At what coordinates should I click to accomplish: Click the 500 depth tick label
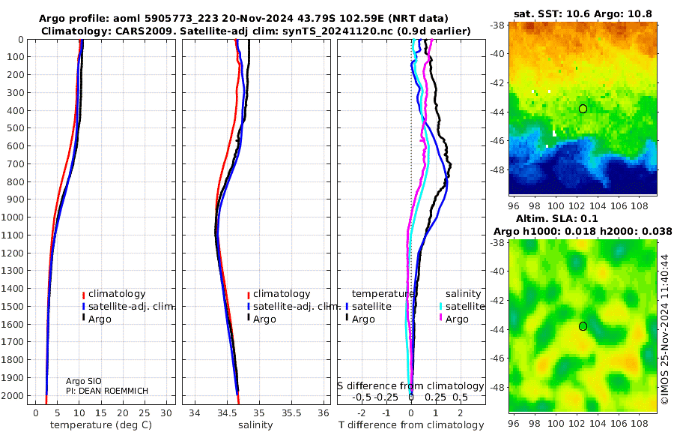click(16, 128)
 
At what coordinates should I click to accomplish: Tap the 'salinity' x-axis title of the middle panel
click(255, 425)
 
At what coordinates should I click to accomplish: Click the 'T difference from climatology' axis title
click(411, 425)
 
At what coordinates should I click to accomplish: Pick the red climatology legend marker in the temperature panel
click(83, 294)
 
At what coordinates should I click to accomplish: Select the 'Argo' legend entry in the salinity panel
click(264, 319)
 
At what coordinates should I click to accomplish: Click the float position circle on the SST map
click(583, 109)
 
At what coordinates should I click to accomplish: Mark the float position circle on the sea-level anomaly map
click(583, 326)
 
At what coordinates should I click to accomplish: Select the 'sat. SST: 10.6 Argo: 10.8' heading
click(583, 13)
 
